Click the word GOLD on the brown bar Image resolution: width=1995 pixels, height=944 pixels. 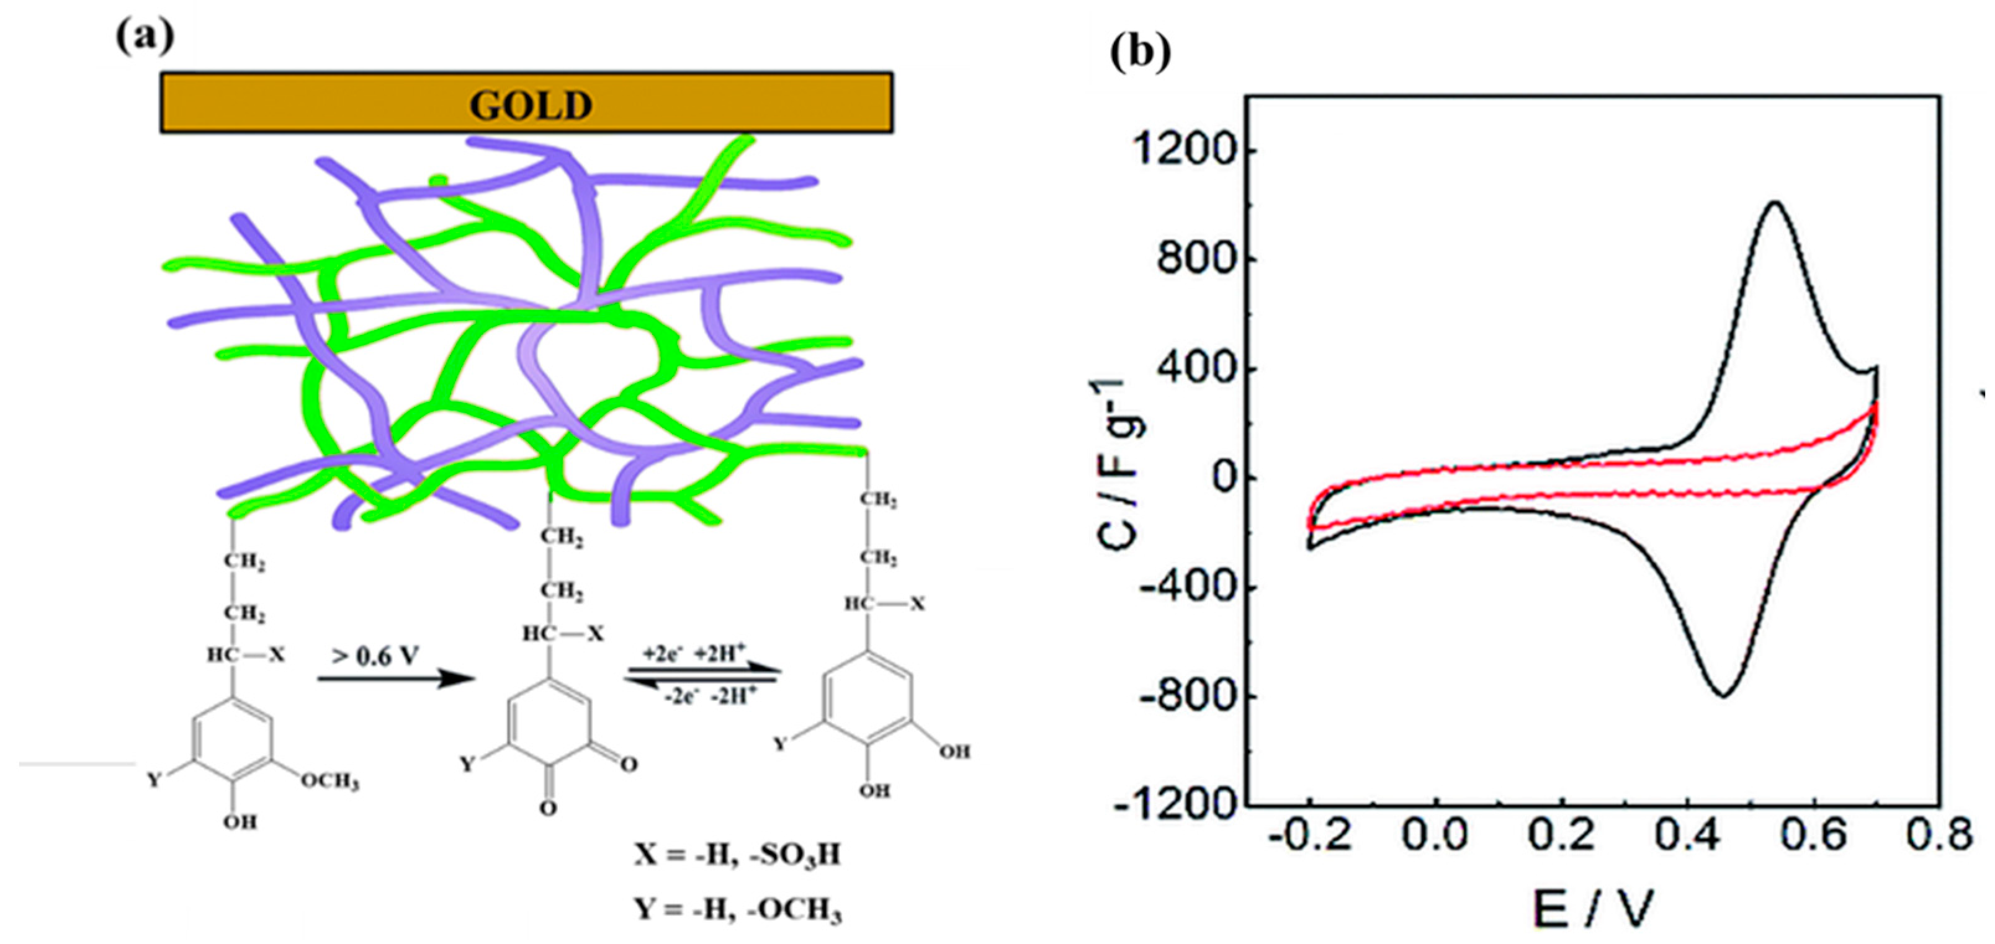pyautogui.click(x=531, y=105)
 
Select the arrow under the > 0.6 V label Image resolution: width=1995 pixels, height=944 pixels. pyautogui.click(x=395, y=680)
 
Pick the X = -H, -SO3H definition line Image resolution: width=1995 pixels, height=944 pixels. pyautogui.click(x=737, y=855)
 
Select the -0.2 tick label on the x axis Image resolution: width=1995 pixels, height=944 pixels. pyautogui.click(x=1309, y=835)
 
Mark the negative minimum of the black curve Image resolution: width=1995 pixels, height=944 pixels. pyautogui.click(x=1723, y=695)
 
